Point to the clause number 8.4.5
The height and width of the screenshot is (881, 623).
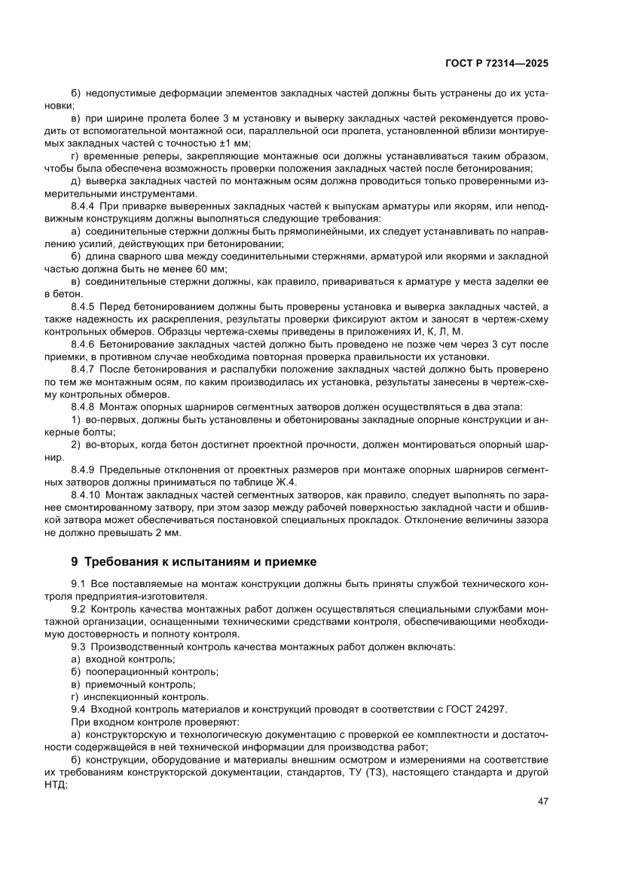pyautogui.click(x=82, y=307)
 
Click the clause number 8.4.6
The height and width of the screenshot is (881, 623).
pyautogui.click(x=82, y=344)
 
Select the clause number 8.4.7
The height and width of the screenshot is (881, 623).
pyautogui.click(x=82, y=369)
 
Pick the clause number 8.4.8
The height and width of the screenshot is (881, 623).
pyautogui.click(x=82, y=407)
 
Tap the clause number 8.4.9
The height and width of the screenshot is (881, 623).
pyautogui.click(x=82, y=470)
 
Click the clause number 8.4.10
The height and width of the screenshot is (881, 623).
pyautogui.click(x=84, y=495)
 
